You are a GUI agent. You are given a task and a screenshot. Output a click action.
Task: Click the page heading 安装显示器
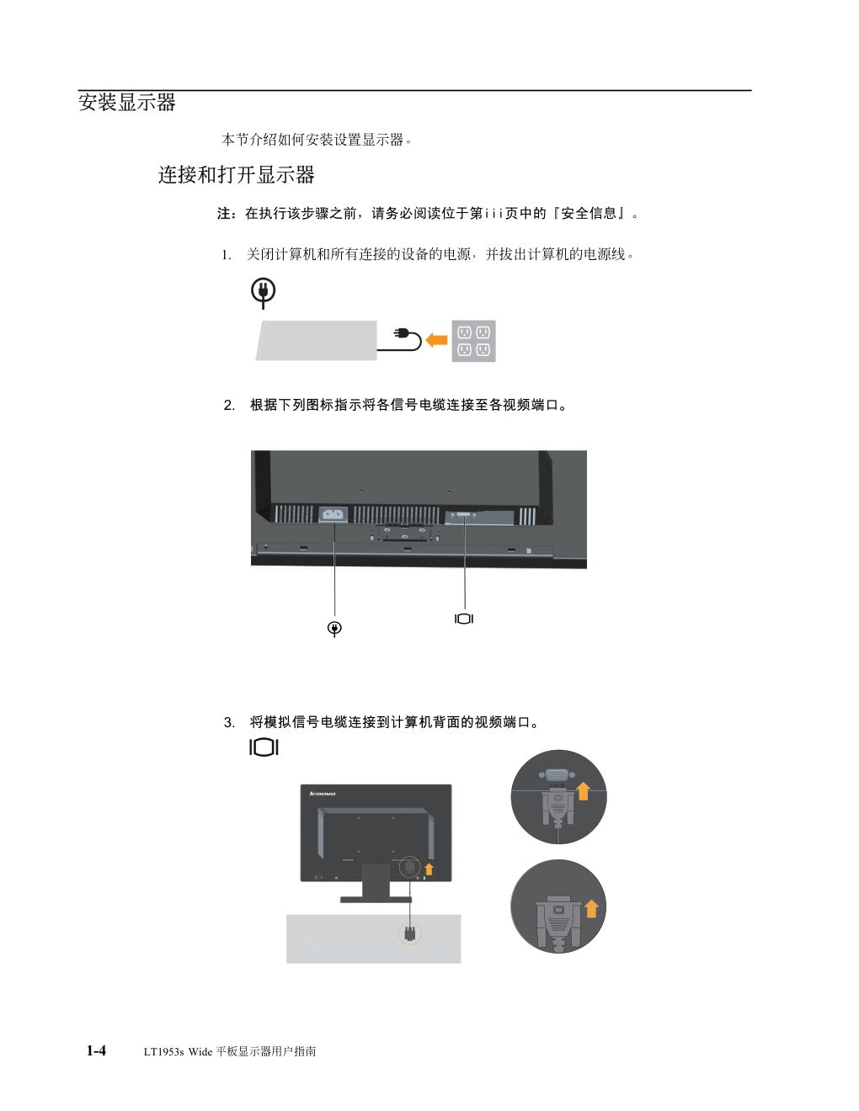click(127, 102)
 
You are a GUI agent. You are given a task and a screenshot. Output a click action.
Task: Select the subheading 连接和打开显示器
click(236, 175)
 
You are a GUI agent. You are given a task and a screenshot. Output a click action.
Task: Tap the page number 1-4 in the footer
click(96, 1050)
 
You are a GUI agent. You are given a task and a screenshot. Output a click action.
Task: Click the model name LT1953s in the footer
click(163, 1051)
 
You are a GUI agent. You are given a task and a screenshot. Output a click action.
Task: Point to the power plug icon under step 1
click(263, 293)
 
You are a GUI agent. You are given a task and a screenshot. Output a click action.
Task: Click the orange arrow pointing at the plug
click(436, 340)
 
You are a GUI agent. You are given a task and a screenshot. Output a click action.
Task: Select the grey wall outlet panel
click(473, 341)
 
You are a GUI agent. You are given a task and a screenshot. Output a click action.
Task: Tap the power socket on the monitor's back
click(333, 514)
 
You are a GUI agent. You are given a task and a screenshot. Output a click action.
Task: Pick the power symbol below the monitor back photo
click(334, 629)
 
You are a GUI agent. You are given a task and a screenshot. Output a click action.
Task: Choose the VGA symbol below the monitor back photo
click(464, 619)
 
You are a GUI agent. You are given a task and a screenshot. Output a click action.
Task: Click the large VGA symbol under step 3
click(264, 747)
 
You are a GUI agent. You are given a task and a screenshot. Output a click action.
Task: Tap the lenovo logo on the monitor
click(323, 794)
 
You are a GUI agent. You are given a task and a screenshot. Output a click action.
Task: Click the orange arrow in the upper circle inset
click(584, 791)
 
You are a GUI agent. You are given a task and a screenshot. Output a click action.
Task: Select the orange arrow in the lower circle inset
click(591, 909)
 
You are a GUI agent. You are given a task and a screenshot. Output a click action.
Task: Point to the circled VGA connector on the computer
click(410, 933)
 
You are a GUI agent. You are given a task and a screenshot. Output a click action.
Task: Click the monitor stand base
click(376, 900)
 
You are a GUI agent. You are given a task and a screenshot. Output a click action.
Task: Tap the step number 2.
click(229, 406)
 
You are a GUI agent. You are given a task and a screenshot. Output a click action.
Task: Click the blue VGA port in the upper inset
click(557, 776)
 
